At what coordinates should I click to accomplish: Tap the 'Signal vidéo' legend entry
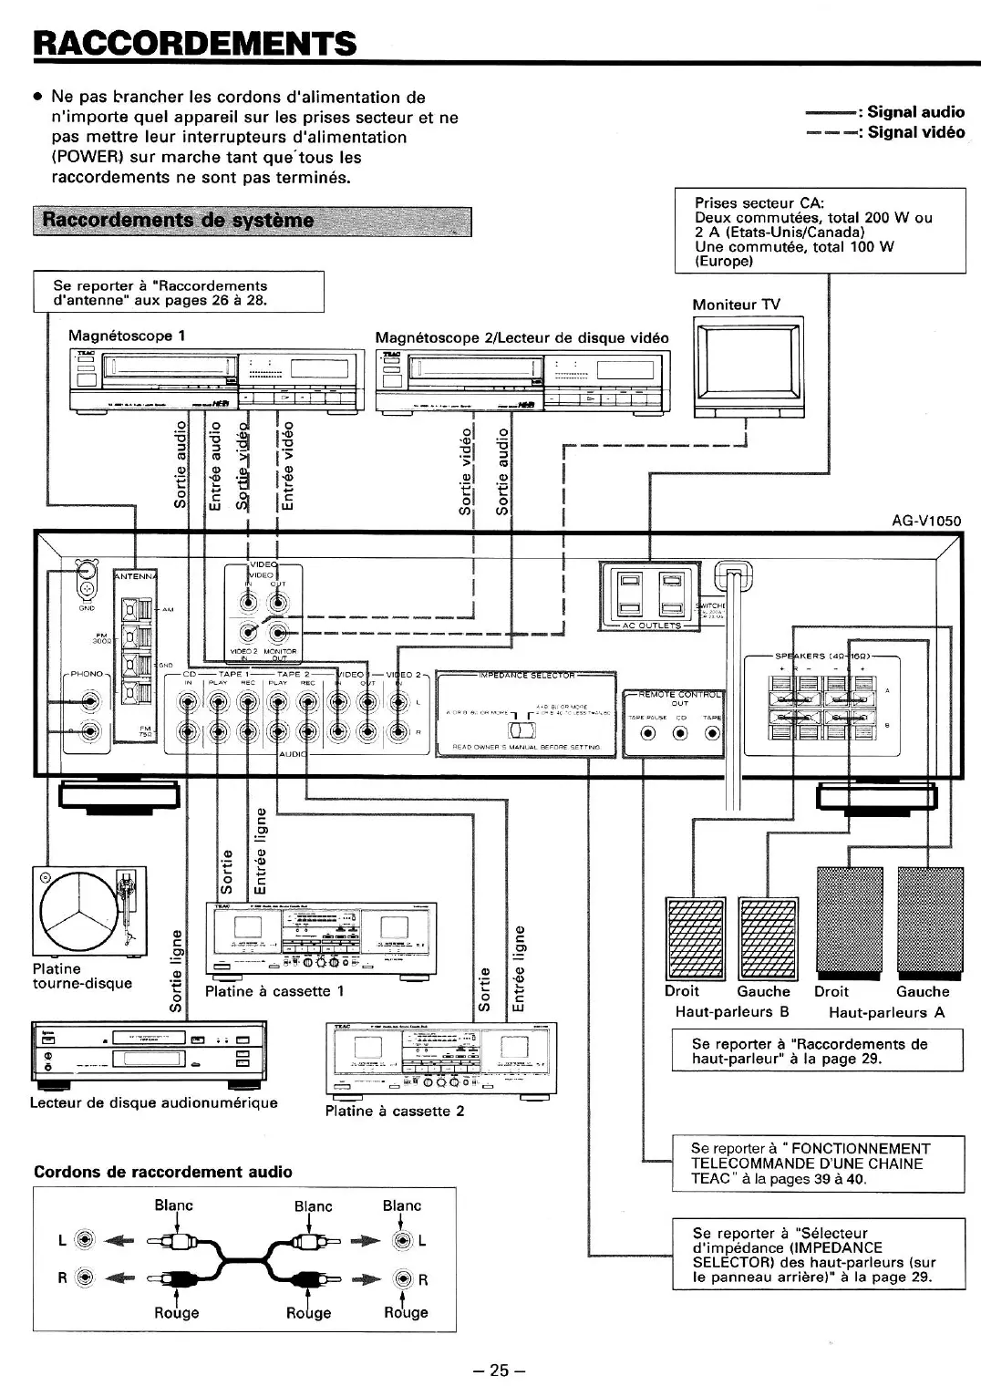click(914, 132)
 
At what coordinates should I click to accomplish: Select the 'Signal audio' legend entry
click(914, 112)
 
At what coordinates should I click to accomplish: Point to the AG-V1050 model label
click(925, 522)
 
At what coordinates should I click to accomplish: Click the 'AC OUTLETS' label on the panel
click(651, 626)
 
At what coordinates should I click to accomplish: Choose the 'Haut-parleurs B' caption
click(731, 1012)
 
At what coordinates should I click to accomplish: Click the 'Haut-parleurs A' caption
click(886, 1012)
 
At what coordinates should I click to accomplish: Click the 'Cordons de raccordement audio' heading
click(163, 1172)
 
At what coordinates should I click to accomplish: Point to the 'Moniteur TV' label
click(736, 305)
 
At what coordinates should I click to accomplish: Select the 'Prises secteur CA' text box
click(819, 231)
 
